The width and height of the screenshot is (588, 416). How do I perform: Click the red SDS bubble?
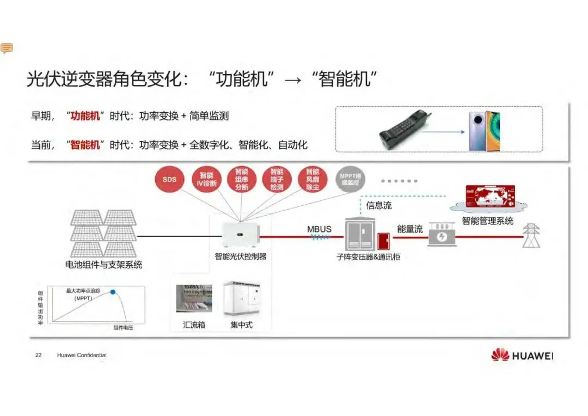[x=170, y=179]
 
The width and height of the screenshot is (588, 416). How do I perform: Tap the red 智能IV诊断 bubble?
[x=206, y=179]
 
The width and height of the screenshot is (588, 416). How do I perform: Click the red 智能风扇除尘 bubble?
[x=313, y=179]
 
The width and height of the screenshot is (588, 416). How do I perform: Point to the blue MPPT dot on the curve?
[x=113, y=292]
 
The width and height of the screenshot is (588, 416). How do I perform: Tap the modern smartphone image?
[x=485, y=131]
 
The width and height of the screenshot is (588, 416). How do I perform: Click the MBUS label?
[x=319, y=229]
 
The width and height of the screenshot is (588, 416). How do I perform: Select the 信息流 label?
[x=379, y=205]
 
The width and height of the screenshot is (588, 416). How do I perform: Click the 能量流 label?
[x=410, y=229]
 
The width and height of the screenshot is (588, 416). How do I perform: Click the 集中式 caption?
[x=242, y=325]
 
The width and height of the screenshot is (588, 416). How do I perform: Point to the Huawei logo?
[x=522, y=356]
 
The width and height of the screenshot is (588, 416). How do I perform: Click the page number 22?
[x=38, y=356]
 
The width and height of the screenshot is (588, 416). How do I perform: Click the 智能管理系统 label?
[x=487, y=221]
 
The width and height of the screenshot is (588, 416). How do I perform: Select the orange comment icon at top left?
[x=7, y=48]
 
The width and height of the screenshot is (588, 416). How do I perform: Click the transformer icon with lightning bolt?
[x=442, y=236]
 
